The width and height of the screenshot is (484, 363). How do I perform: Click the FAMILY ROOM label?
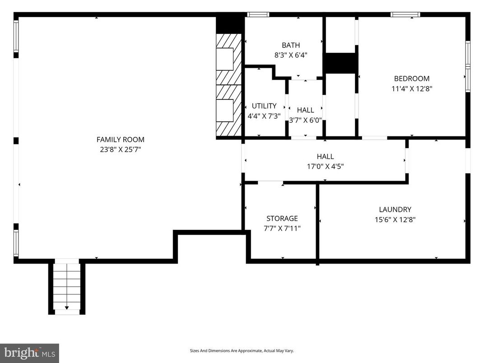click(x=120, y=140)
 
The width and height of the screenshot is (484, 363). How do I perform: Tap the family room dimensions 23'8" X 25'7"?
click(x=120, y=149)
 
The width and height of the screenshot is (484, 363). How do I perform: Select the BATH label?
click(x=290, y=45)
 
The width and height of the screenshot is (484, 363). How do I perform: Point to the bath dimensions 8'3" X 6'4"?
click(x=290, y=55)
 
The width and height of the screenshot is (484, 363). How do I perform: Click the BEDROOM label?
click(x=411, y=79)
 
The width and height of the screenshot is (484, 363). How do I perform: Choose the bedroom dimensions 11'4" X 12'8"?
click(x=411, y=88)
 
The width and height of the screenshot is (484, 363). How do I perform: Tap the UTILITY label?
click(x=264, y=106)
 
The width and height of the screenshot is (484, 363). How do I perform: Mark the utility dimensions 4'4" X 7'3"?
click(x=264, y=116)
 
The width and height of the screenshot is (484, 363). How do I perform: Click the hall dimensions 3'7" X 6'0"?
click(x=305, y=120)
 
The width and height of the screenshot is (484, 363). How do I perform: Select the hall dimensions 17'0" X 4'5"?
click(x=325, y=166)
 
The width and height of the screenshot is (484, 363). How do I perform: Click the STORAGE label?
click(x=282, y=219)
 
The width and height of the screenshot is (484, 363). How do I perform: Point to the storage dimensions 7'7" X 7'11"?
click(x=282, y=228)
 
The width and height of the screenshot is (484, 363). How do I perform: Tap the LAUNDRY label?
click(x=395, y=209)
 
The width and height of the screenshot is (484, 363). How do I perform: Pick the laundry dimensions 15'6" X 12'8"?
click(x=395, y=220)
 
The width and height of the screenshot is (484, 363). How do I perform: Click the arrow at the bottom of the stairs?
click(x=67, y=307)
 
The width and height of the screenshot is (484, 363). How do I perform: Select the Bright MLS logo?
click(x=29, y=352)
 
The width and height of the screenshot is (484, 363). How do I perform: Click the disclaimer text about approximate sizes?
click(x=242, y=350)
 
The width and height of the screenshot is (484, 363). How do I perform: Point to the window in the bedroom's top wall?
click(x=405, y=14)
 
